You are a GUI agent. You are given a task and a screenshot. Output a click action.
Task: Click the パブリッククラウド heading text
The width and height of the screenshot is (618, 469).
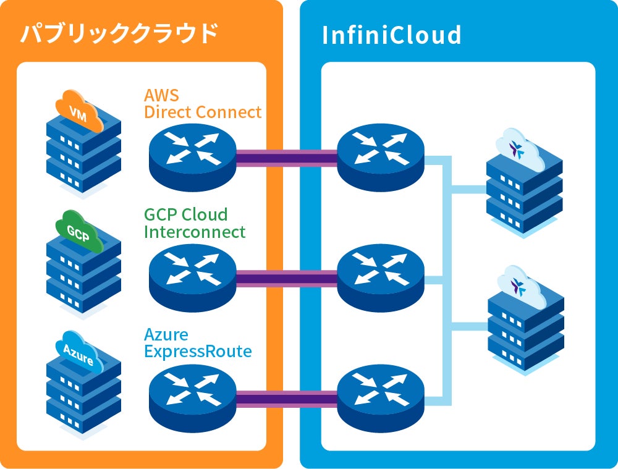[x=119, y=33]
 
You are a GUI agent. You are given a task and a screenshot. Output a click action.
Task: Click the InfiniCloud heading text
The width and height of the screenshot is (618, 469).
[x=392, y=35]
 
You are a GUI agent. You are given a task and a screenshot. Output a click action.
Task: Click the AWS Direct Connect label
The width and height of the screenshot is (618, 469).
[x=203, y=104]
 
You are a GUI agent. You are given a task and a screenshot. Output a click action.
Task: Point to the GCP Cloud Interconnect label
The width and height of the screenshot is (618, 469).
[x=195, y=223]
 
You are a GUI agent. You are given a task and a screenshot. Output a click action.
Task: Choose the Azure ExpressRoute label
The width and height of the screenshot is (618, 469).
[x=198, y=344]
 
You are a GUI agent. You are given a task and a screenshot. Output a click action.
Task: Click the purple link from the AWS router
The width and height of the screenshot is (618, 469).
[x=287, y=158]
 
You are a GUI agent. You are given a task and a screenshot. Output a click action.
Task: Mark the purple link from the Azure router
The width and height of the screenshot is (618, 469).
[x=287, y=399]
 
